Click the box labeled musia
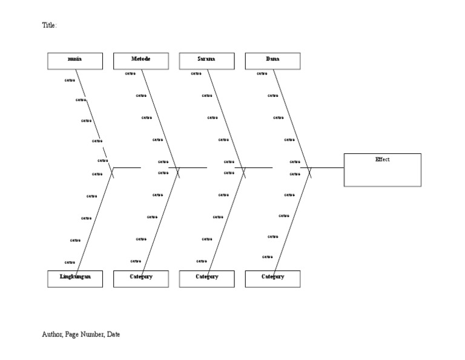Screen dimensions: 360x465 pyautogui.click(x=75, y=61)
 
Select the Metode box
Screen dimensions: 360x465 pyautogui.click(x=141, y=61)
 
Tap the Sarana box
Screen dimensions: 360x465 pyautogui.click(x=206, y=61)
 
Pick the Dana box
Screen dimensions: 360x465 pyautogui.click(x=272, y=61)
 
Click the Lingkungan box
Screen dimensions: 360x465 pyautogui.click(x=75, y=278)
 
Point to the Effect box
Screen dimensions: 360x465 pyautogui.click(x=382, y=170)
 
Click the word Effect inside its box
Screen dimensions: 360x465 pyautogui.click(x=382, y=159)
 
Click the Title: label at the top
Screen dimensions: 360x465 pyautogui.click(x=49, y=25)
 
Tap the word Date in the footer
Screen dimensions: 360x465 pyautogui.click(x=113, y=334)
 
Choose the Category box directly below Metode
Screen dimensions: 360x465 pyautogui.click(x=141, y=278)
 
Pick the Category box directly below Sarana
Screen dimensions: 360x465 pyautogui.click(x=206, y=278)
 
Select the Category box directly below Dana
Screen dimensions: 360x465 pyautogui.click(x=272, y=278)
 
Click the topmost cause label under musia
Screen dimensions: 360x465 pyautogui.click(x=70, y=80)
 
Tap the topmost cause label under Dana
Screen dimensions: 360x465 pyautogui.click(x=262, y=74)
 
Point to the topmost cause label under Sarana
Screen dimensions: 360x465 pyautogui.click(x=196, y=74)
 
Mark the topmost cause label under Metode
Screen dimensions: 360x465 pyautogui.click(x=130, y=74)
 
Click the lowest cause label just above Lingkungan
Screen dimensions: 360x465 pyautogui.click(x=70, y=262)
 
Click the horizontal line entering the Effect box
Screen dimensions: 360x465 pyautogui.click(x=327, y=167)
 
